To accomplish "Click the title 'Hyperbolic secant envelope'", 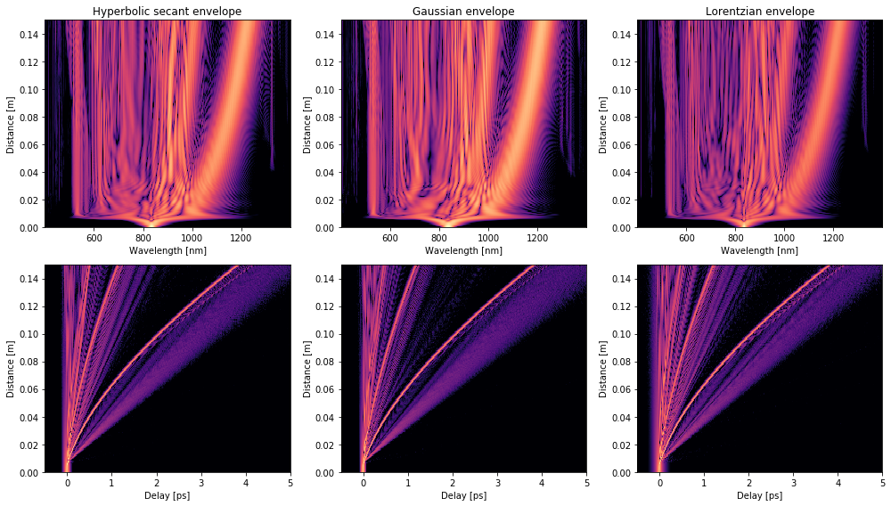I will click(x=168, y=12).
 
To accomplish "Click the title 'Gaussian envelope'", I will click(x=463, y=12).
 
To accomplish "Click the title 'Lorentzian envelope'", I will click(x=760, y=12).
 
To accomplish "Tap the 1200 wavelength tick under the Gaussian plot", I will click(x=537, y=239).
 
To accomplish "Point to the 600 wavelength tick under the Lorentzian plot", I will click(x=687, y=239).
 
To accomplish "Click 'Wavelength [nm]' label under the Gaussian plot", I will click(x=463, y=250).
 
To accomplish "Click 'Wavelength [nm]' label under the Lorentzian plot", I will click(x=760, y=250).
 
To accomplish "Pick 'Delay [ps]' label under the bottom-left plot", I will click(x=168, y=495).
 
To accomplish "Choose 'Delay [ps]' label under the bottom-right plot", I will click(x=760, y=495).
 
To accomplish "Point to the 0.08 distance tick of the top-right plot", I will click(x=621, y=117).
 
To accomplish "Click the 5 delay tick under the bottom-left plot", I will click(x=290, y=484).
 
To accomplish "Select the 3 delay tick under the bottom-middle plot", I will click(x=497, y=484).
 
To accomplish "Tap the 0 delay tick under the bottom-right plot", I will click(x=659, y=484).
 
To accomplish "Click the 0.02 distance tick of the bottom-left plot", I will click(x=29, y=445).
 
